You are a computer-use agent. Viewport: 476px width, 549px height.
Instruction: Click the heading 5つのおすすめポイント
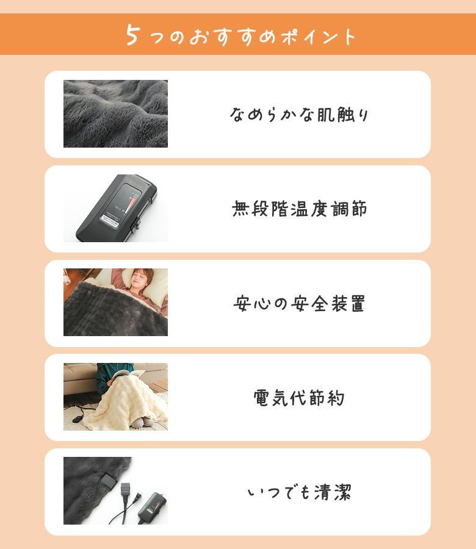point(240,35)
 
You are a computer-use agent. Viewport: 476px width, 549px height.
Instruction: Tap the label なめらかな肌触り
point(299,115)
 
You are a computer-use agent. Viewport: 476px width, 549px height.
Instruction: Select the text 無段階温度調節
point(299,209)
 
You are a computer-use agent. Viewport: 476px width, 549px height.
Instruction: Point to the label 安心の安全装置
point(299,303)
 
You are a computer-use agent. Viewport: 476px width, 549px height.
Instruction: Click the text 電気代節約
point(299,398)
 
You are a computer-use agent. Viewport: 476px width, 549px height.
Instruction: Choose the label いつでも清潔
point(299,492)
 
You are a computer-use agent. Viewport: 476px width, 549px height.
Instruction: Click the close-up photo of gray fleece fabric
point(115,114)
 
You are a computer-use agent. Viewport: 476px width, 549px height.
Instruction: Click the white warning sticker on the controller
point(112,218)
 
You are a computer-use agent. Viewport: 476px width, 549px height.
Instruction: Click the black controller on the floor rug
point(77,418)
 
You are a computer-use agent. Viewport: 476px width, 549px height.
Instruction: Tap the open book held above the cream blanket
point(126,375)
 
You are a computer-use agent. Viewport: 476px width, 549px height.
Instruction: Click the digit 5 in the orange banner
point(132,35)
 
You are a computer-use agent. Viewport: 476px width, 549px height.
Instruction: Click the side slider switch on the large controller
point(135,223)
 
